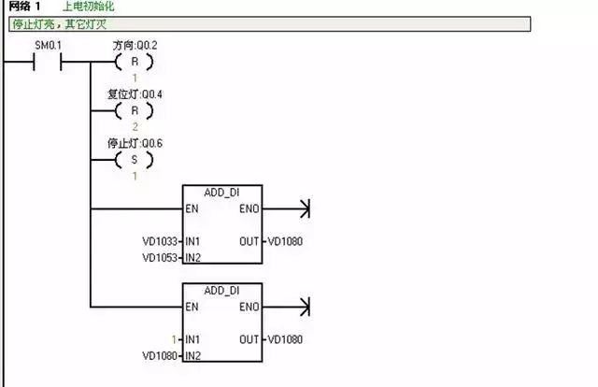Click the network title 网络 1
[24, 7]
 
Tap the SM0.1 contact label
[48, 46]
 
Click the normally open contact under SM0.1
[48, 64]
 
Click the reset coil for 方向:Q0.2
[134, 63]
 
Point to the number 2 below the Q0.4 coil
[134, 126]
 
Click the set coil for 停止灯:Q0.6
[134, 159]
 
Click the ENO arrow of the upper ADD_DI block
[302, 208]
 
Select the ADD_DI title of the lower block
[222, 291]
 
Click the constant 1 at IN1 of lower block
[174, 339]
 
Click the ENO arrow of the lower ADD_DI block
[302, 306]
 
